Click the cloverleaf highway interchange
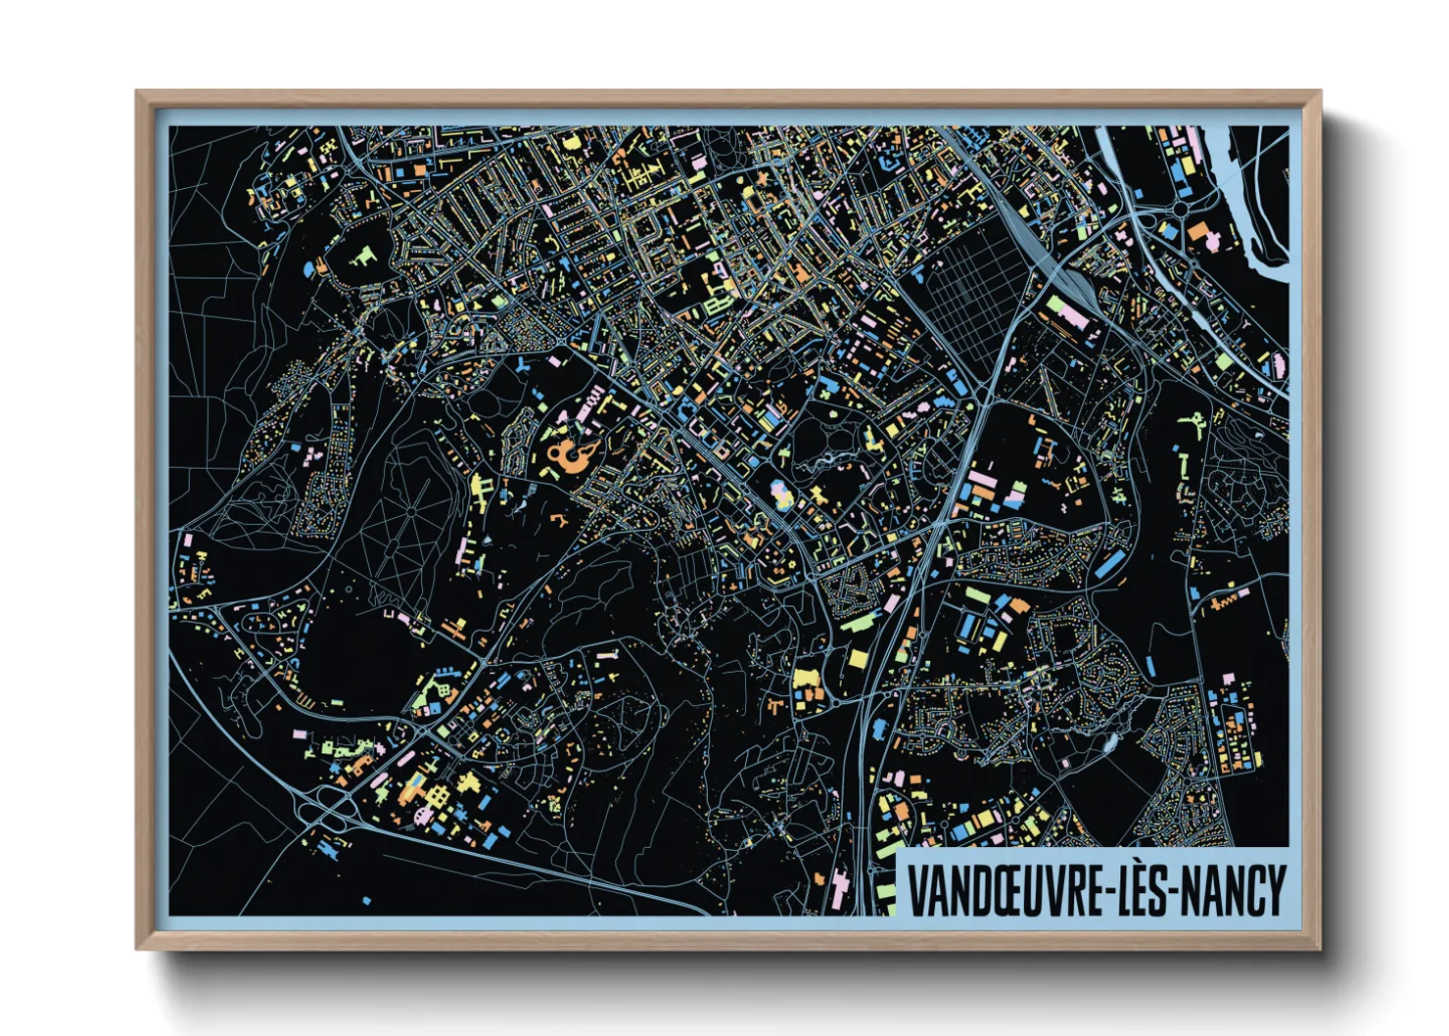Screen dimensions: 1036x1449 pos(328,810)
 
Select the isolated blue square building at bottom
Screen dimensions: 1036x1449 pos(367,900)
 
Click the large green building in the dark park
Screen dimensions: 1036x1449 pos(363,257)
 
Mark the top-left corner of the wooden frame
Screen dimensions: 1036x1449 pos(138,93)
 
